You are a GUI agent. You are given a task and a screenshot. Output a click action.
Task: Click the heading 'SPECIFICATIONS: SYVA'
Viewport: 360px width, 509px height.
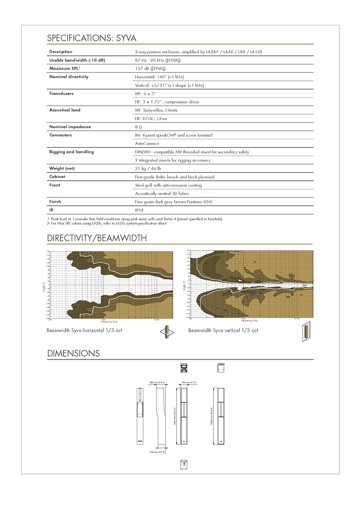click(91, 38)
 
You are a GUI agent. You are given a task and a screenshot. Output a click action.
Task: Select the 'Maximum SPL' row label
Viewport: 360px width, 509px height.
click(64, 69)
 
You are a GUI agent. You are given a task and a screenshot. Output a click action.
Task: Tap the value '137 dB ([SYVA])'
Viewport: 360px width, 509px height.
click(150, 69)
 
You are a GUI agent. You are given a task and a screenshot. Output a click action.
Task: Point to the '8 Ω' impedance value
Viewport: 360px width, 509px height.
click(139, 127)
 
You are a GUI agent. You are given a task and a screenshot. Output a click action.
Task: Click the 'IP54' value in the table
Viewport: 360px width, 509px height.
click(139, 210)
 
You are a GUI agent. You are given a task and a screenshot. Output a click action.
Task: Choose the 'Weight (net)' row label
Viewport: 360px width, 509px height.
click(62, 168)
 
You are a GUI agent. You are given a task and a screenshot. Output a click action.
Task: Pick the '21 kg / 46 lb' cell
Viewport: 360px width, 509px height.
click(148, 169)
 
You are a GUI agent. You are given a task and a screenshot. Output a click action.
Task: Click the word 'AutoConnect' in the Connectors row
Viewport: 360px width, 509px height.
click(147, 144)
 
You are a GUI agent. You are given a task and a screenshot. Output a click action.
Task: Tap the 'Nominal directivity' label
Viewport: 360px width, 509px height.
click(69, 77)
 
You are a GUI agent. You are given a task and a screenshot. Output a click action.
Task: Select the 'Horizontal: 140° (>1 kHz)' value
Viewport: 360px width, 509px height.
click(159, 77)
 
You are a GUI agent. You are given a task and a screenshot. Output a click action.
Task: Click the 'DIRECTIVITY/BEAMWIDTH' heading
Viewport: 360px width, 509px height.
click(97, 238)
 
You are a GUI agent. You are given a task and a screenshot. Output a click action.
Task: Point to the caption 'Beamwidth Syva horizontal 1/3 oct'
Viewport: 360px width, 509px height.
click(84, 330)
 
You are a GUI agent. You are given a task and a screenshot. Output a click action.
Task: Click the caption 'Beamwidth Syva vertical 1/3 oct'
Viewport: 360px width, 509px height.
click(223, 330)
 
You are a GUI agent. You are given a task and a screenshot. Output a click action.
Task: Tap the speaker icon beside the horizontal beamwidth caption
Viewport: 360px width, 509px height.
click(167, 332)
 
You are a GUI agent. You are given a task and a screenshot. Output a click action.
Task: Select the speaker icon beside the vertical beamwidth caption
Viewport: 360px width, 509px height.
click(306, 331)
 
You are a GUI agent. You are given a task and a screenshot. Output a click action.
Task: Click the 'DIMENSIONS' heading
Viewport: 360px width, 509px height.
click(73, 353)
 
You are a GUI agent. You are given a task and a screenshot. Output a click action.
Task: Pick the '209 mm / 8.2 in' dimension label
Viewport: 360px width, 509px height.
click(157, 383)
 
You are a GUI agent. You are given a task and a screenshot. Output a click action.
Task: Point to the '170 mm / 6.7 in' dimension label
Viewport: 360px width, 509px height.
click(157, 452)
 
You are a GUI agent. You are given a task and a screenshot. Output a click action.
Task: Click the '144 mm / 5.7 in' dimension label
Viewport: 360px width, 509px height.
click(189, 383)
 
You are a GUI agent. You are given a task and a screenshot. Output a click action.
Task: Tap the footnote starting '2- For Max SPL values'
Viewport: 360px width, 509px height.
click(107, 224)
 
